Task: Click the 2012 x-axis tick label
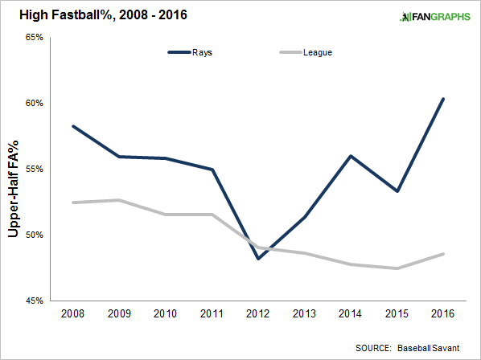tap(257, 313)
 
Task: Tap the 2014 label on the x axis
tap(350, 313)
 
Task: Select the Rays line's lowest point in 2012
tap(258, 259)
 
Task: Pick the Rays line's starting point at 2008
tap(73, 126)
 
